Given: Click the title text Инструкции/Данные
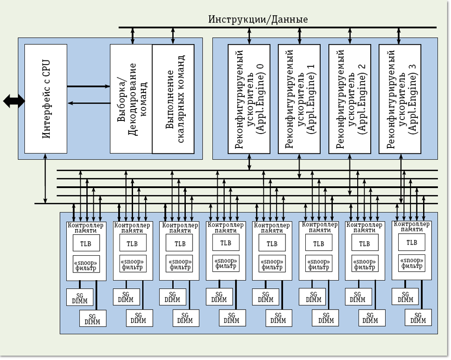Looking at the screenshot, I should pos(258,19).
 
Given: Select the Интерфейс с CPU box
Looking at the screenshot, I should pos(46,98).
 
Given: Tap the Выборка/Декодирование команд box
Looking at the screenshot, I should pos(131,98).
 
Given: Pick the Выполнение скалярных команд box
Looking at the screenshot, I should pos(173,98).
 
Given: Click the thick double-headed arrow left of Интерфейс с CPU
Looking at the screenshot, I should pos(14,101).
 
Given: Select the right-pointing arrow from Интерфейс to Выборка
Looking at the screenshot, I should pos(88,86).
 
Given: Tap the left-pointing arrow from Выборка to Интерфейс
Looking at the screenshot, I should pos(88,103).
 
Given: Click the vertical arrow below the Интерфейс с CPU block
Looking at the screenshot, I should pos(45,178).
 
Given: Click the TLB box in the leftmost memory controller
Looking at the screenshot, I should pos(85,244).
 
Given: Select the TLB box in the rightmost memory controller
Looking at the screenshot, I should pos(411,242).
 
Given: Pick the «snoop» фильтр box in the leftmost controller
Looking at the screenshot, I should pos(85,264).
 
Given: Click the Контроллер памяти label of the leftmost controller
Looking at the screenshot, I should pos(85,227).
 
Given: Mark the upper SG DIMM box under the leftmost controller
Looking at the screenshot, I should pos(80,297).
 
